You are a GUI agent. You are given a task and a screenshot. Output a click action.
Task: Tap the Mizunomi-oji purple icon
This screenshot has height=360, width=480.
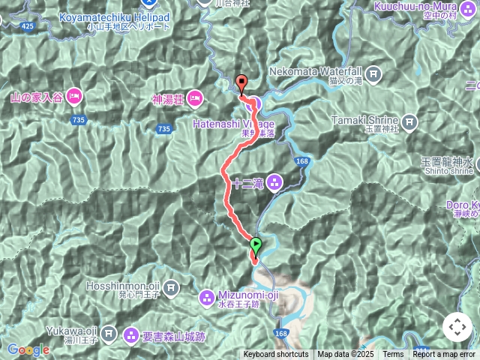[206, 298]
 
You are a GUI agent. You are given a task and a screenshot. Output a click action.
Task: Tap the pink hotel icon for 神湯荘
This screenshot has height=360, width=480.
[194, 97]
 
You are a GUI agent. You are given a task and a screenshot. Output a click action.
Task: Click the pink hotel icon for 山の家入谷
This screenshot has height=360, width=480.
[74, 96]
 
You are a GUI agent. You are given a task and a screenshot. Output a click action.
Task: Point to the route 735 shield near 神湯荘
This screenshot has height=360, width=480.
[164, 129]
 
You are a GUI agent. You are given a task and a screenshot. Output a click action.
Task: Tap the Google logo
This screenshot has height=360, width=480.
[28, 349]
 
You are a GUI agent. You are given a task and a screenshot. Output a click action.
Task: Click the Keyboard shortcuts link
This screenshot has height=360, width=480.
[275, 355]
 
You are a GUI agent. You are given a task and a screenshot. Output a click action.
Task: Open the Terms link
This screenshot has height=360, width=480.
[393, 355]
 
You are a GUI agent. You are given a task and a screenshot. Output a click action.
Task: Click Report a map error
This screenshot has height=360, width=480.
[444, 355]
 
